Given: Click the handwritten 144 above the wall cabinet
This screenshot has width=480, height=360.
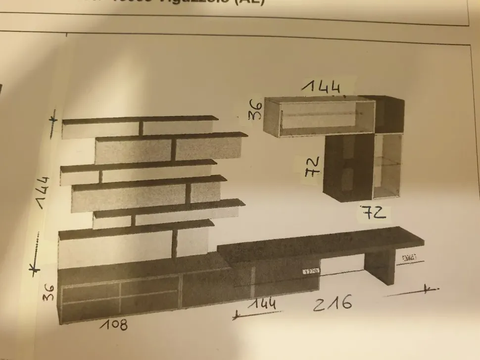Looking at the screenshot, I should coord(323,87).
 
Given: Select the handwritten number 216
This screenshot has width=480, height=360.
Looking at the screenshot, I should coord(333,303).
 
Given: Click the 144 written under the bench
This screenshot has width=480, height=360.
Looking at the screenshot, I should coord(262,303).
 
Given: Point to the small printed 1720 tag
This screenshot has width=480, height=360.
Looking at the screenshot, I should coord(311,271).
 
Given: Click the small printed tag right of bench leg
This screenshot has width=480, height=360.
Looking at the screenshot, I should coord(409,258).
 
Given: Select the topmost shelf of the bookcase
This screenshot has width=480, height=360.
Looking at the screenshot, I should coord(140,119).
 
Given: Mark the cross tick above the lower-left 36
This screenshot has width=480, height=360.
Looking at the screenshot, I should coord(33,269).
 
